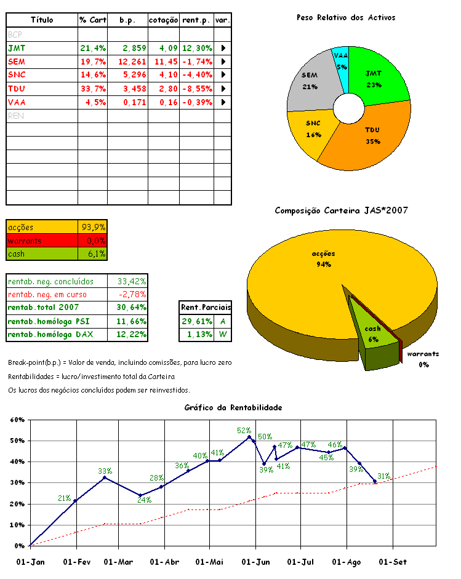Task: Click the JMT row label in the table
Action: coord(17,47)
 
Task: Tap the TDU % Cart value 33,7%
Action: coord(93,88)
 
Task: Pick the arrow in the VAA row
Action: coord(223,102)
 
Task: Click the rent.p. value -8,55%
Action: coord(197,88)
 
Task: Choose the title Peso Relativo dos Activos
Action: coord(346,18)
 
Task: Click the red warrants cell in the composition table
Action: coord(42,241)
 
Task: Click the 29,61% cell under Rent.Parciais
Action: coord(196,322)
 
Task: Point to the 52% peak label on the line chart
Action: coord(244,431)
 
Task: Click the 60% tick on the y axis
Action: coord(17,420)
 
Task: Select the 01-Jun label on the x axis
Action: coord(255,562)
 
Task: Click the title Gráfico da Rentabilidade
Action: coord(233,407)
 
